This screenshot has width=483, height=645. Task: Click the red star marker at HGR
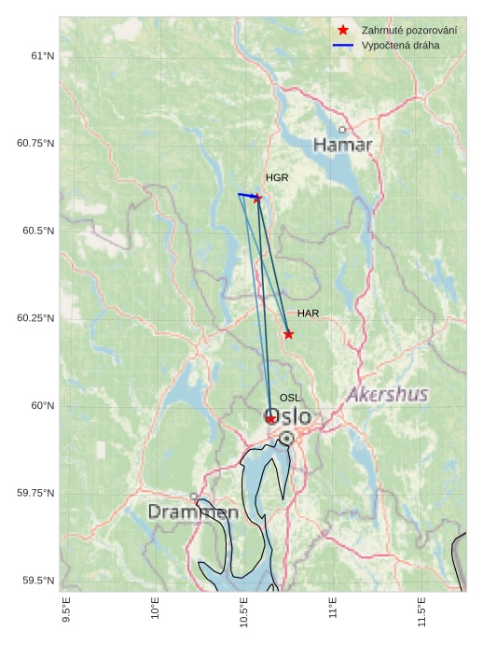[257, 198]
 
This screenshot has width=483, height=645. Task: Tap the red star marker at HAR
[288, 334]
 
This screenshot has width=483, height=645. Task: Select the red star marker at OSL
[270, 419]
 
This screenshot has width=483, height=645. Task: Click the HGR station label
[277, 177]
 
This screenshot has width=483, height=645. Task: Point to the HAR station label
[309, 314]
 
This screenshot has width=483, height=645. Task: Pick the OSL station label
[290, 398]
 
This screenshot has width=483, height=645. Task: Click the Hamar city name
[342, 145]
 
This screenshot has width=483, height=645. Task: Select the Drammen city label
[193, 512]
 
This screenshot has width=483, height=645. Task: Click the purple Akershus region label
[387, 395]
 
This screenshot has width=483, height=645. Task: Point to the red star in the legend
[343, 31]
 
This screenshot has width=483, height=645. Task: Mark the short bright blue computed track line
[247, 195]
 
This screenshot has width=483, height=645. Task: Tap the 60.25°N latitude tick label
[36, 318]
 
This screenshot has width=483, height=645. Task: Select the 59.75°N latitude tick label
[36, 493]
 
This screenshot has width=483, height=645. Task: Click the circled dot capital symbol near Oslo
[286, 438]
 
